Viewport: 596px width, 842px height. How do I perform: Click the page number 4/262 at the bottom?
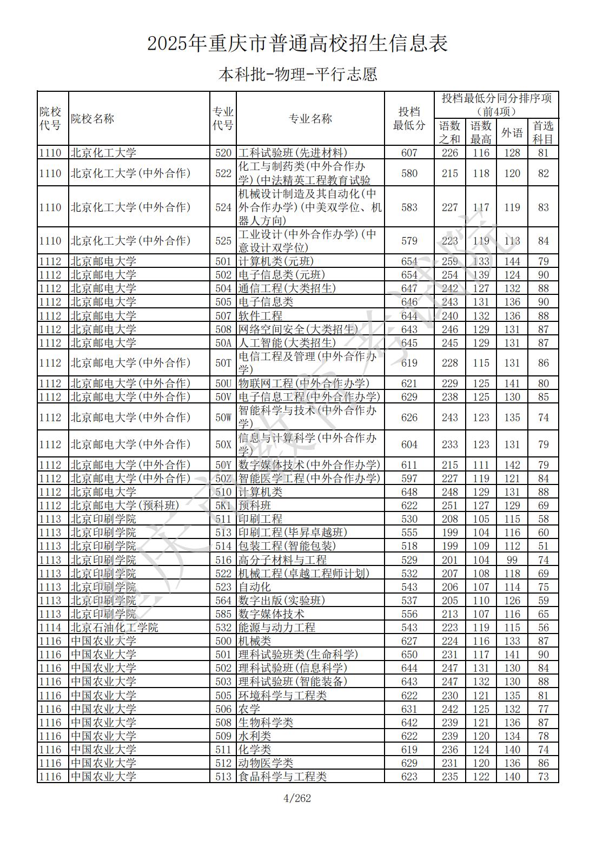pos(297,798)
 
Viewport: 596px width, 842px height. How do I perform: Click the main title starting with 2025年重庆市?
pos(297,44)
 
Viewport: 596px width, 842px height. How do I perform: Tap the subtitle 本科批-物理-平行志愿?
pos(297,74)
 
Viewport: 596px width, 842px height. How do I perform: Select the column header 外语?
pos(512,132)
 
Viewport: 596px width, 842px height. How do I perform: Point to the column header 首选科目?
pos(543,132)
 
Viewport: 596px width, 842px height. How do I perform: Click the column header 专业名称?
pos(310,119)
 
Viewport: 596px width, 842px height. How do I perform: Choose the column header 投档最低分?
pos(409,119)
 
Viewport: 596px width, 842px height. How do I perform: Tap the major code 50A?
pos(223,343)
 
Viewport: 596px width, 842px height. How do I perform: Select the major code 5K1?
pos(223,506)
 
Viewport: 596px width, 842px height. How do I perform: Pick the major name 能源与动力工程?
pos(277,628)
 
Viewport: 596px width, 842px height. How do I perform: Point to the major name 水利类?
pos(255,736)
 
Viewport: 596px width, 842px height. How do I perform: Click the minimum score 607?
pos(409,153)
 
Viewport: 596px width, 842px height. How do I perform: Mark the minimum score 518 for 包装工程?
pos(409,546)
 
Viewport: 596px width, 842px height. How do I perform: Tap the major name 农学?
pos(249,709)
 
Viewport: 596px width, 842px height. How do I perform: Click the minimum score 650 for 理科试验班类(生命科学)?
pos(409,655)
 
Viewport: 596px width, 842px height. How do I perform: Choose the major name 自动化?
pos(255,587)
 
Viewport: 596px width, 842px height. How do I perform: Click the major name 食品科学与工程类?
pos(282,777)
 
